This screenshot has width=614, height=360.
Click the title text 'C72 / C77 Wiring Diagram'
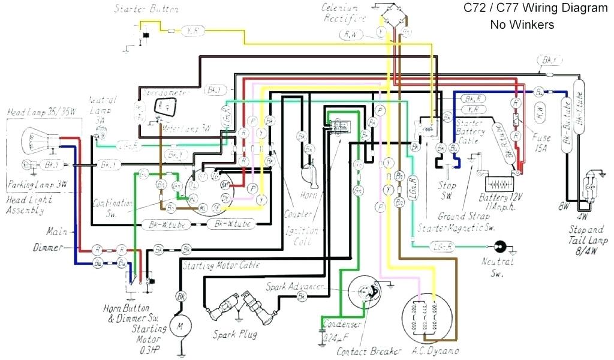click(535, 9)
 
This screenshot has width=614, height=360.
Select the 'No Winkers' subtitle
click(522, 25)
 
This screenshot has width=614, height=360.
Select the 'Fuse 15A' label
click(541, 142)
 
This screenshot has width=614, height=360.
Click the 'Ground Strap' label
click(460, 215)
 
